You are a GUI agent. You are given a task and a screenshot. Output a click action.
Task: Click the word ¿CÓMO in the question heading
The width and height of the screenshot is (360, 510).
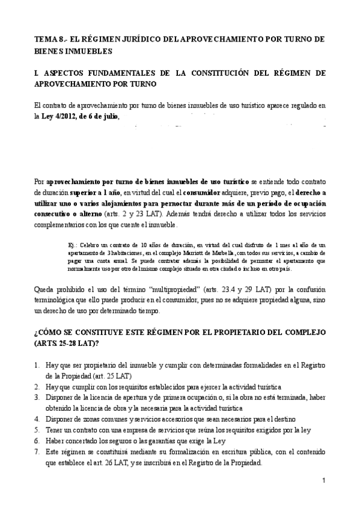[x=50, y=333]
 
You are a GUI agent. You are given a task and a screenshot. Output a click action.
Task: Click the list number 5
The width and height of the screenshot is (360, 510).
[x=37, y=431]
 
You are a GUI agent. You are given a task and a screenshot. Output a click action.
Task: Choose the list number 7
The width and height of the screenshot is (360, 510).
[x=37, y=452]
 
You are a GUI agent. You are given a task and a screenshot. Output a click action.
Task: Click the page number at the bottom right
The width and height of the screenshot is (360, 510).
[x=323, y=481]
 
